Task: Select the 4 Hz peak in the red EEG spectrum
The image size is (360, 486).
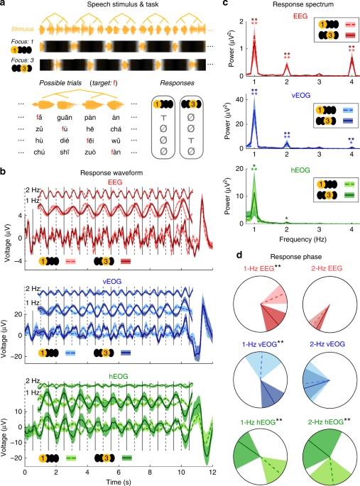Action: pos(351,60)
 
